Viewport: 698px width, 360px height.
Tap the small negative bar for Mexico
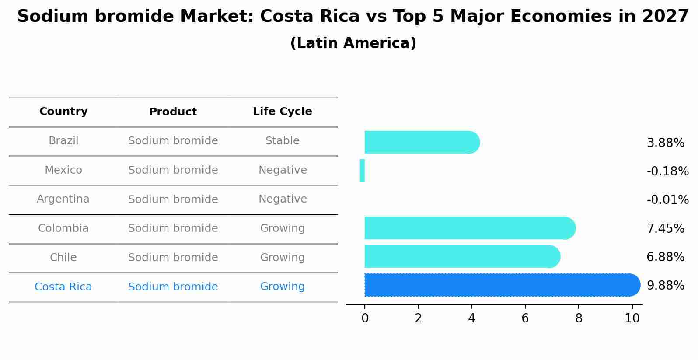click(x=362, y=171)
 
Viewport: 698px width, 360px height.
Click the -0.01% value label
click(x=667, y=200)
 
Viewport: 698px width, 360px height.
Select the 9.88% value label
click(x=665, y=286)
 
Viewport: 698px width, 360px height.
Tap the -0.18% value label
click(x=667, y=171)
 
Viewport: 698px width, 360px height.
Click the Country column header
click(x=63, y=112)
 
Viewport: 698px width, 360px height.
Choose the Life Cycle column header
click(x=282, y=112)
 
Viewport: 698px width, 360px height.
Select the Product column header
click(x=173, y=112)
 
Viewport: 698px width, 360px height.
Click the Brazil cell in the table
click(x=63, y=141)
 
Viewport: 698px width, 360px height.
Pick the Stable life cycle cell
click(x=282, y=141)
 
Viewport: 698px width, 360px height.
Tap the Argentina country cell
click(x=63, y=199)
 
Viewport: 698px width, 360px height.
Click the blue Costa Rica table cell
click(x=63, y=287)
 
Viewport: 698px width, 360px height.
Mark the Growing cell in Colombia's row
click(x=282, y=228)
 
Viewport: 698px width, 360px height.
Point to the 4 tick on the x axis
click(x=471, y=318)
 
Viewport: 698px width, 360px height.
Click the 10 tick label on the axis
click(x=632, y=318)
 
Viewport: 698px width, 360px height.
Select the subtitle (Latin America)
click(x=353, y=43)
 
